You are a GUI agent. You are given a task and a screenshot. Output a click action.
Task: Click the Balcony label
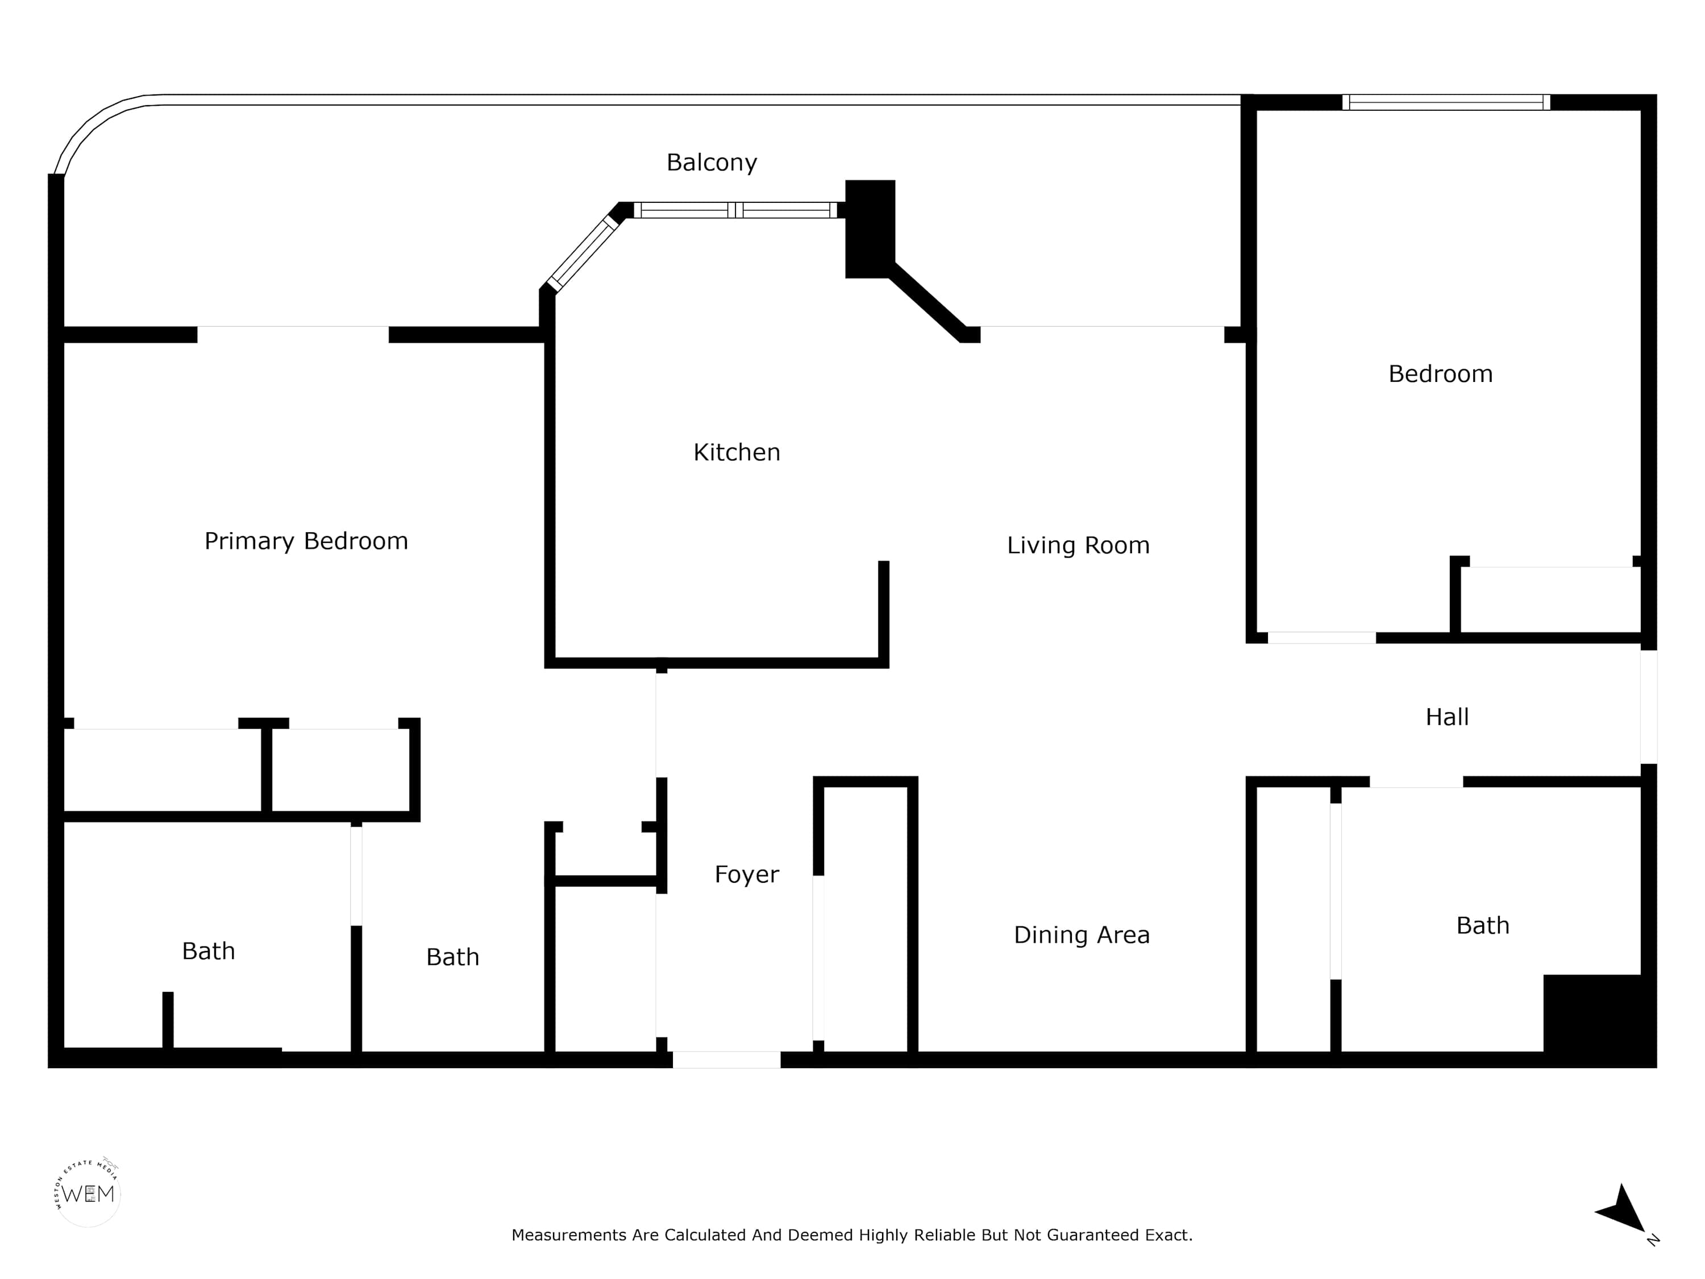click(712, 163)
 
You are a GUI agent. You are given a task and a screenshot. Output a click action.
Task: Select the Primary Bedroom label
click(306, 541)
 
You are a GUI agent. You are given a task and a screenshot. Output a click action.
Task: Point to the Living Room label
click(1078, 545)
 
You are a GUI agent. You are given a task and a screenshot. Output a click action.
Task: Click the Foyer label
click(746, 874)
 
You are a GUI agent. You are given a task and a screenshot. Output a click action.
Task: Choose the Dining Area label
click(1082, 935)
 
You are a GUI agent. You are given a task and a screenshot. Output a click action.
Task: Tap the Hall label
click(1447, 717)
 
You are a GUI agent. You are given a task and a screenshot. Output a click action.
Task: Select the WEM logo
click(88, 1193)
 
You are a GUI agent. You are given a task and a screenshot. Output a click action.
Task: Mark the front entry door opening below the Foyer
click(726, 1059)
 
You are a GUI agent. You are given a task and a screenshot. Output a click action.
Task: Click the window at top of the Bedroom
click(1446, 102)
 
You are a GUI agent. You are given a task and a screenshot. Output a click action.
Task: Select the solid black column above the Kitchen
click(870, 229)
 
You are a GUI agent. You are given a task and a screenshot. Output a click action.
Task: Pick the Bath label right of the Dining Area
click(1482, 926)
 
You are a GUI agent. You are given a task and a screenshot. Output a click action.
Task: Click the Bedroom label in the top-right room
click(1440, 374)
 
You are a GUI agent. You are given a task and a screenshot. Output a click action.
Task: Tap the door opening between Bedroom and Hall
click(1321, 638)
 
